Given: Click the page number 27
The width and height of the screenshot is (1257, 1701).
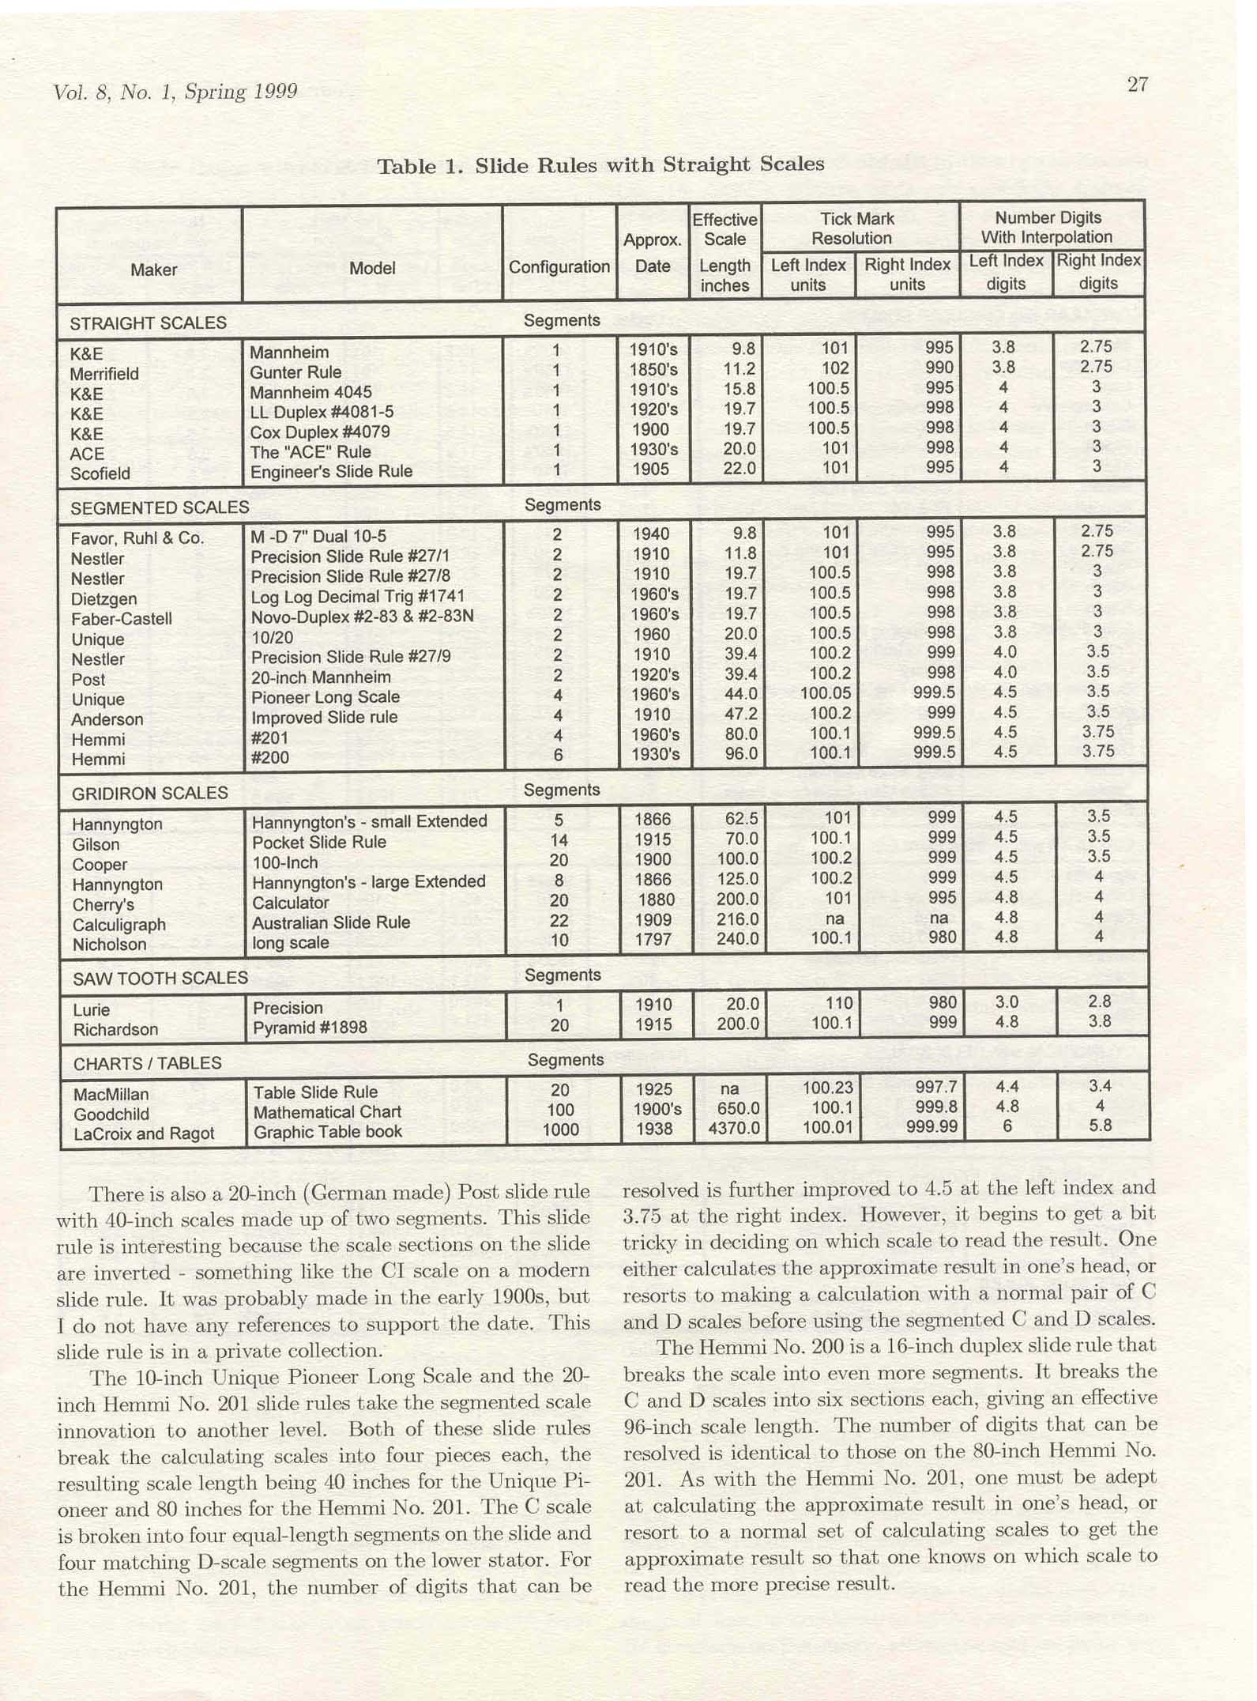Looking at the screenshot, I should pyautogui.click(x=1137, y=85).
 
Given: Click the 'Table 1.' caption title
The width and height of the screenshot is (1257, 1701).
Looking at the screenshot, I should pyautogui.click(x=600, y=164).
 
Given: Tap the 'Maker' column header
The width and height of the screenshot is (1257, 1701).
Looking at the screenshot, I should pyautogui.click(x=153, y=270).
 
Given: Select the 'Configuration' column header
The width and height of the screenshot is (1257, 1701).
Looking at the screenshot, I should pyautogui.click(x=559, y=267).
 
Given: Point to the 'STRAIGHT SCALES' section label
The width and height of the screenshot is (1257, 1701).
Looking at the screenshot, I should pyautogui.click(x=148, y=323).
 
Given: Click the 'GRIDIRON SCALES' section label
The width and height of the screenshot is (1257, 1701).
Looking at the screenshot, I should pyautogui.click(x=149, y=793).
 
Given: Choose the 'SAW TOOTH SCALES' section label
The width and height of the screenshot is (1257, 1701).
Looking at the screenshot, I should pyautogui.click(x=160, y=978).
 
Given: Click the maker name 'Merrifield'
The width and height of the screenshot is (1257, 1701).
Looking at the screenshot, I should pyautogui.click(x=103, y=374).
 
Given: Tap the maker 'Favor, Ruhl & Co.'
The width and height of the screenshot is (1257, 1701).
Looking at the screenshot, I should pyautogui.click(x=137, y=538).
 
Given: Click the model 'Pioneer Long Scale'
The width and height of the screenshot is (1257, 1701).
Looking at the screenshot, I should pyautogui.click(x=325, y=697).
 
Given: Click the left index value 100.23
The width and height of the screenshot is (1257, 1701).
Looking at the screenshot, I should pyautogui.click(x=827, y=1088).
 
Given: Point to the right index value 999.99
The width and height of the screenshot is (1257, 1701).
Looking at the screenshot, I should pyautogui.click(x=931, y=1126).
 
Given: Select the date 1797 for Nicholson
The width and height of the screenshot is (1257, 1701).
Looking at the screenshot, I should pyautogui.click(x=653, y=940).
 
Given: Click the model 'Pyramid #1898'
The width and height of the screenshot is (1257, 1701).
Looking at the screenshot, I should pyautogui.click(x=310, y=1028).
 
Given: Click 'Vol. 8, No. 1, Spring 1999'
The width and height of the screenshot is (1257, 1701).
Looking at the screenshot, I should pyautogui.click(x=175, y=92).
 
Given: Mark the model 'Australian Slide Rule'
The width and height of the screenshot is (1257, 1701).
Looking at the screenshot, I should pyautogui.click(x=330, y=922).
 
